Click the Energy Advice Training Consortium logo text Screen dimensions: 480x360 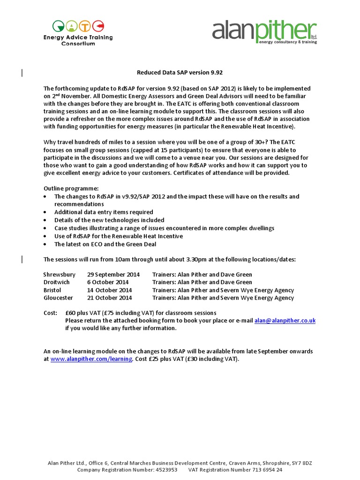point(78,40)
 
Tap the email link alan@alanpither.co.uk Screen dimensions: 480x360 point(285,321)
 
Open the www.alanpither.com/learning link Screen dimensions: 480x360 point(91,359)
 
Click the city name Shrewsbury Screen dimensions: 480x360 point(60,275)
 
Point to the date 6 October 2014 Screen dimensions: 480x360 point(108,282)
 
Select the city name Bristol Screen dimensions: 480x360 point(52,290)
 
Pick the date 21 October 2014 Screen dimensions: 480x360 point(109,298)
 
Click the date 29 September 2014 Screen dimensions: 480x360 point(113,275)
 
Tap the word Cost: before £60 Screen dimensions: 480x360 point(51,313)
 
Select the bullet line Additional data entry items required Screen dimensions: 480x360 point(104,212)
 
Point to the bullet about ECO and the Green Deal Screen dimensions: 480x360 point(105,244)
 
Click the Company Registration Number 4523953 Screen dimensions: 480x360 point(127,470)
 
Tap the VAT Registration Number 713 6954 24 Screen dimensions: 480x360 point(235,470)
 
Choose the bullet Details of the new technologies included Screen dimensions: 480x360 point(109,220)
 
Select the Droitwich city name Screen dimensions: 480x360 point(56,282)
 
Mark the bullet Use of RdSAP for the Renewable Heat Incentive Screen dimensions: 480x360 point(119,236)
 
